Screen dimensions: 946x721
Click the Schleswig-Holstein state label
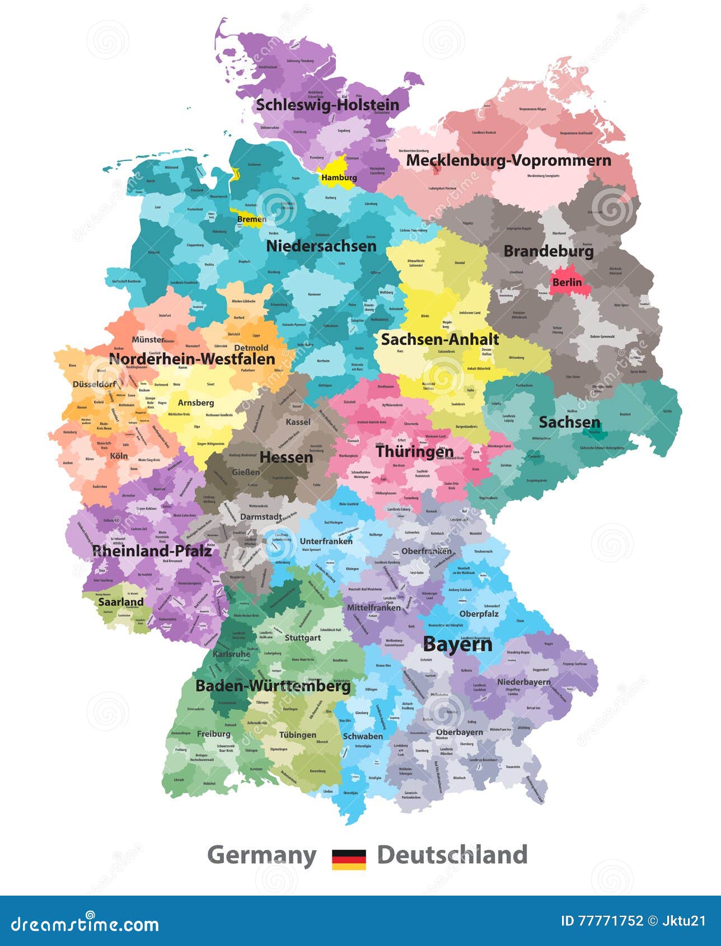327,105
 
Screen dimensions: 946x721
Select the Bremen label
251,219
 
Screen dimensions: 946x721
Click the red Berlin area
566,282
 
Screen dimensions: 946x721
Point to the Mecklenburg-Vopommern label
508,160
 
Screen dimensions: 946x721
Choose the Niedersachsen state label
321,246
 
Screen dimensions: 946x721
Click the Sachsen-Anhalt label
439,339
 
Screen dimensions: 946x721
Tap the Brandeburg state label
548,251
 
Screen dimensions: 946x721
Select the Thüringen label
414,451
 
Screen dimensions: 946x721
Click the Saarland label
121,602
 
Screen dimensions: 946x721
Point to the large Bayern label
457,644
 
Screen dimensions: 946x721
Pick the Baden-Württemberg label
273,686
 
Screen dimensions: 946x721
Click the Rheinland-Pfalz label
152,551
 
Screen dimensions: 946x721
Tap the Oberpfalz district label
479,614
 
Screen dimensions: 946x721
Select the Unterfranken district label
326,541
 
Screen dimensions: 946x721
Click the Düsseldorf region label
94,384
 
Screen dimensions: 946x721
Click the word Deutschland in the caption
452,855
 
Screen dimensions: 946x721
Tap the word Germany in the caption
261,855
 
